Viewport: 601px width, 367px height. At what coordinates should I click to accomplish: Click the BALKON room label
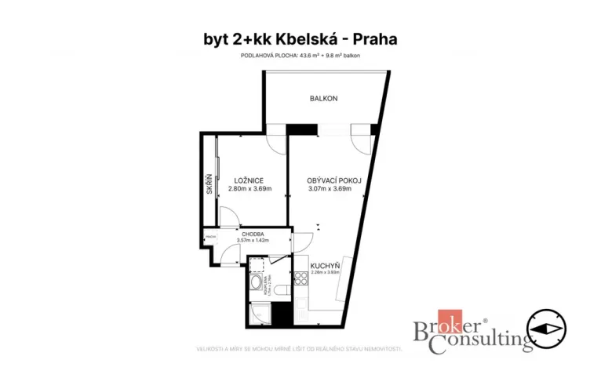pyautogui.click(x=323, y=98)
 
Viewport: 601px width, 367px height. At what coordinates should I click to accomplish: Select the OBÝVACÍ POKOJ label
pyautogui.click(x=334, y=180)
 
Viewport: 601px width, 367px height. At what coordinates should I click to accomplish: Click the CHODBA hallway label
pyautogui.click(x=252, y=234)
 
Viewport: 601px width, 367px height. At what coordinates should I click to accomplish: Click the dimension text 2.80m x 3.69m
pyautogui.click(x=250, y=189)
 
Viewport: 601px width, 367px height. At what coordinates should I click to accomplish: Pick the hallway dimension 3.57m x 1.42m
pyautogui.click(x=252, y=240)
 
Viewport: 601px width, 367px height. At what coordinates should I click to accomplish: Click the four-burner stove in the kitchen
pyautogui.click(x=302, y=278)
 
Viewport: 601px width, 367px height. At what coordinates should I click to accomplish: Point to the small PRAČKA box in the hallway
pyautogui.click(x=209, y=235)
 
